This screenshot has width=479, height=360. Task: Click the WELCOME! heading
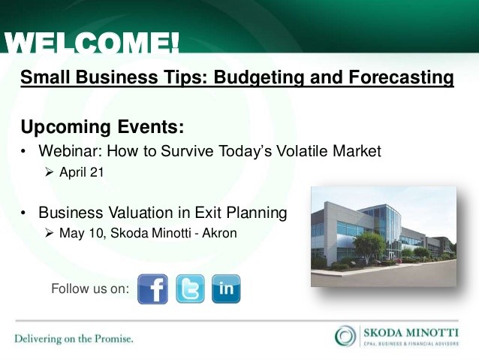coord(92,43)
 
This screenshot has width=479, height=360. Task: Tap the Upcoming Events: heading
coord(102,125)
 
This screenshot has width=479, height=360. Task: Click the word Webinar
coord(71,151)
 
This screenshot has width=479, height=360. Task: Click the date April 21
coord(82,173)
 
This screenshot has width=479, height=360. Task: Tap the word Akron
coord(218,234)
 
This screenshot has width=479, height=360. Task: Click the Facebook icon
coord(153,289)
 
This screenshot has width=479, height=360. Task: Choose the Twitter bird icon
coord(190,289)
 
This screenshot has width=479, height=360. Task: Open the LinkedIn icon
coord(226,289)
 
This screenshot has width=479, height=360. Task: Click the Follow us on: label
coord(89,289)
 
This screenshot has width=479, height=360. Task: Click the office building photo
coord(384,236)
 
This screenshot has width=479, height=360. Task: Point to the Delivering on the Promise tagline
coord(74,339)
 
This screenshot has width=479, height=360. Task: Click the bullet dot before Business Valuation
coord(24,213)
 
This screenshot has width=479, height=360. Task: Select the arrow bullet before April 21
coord(50,173)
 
